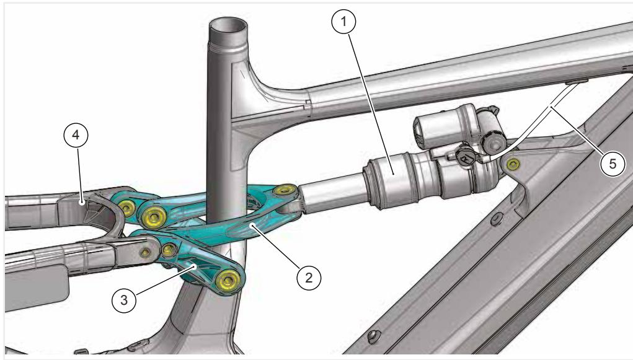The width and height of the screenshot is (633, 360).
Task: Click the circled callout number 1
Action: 343,22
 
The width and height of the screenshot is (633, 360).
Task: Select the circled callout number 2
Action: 309,278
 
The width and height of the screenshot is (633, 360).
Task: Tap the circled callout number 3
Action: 124,300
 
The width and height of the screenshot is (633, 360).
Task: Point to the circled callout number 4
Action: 76,135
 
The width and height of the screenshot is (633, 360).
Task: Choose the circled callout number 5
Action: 613,164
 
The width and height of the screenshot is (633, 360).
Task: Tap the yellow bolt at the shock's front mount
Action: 513,164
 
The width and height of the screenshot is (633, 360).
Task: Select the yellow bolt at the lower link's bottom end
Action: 228,279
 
